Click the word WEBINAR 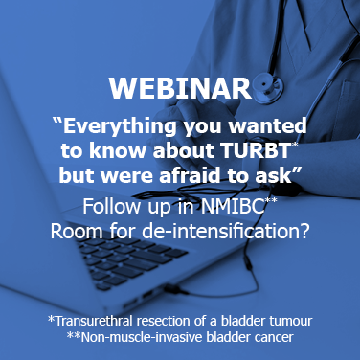pos(180,88)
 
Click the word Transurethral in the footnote pos(96,319)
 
